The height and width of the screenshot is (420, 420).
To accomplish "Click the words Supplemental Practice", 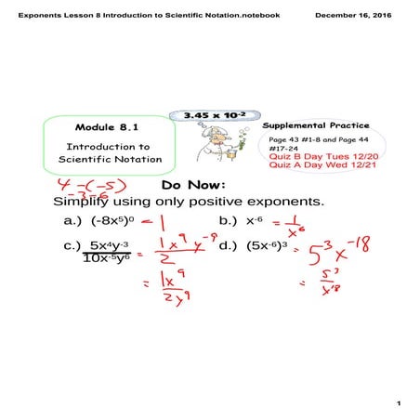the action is click(x=315, y=125).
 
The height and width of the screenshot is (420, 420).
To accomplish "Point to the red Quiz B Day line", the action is click(x=316, y=157).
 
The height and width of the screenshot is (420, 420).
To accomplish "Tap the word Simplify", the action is click(x=84, y=202).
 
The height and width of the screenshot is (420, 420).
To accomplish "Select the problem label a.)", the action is click(x=73, y=221).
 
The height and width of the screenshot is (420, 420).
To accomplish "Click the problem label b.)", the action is click(x=228, y=221).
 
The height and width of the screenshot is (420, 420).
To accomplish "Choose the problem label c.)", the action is click(x=73, y=247).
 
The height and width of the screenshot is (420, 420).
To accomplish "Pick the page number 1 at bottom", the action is click(x=397, y=403).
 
